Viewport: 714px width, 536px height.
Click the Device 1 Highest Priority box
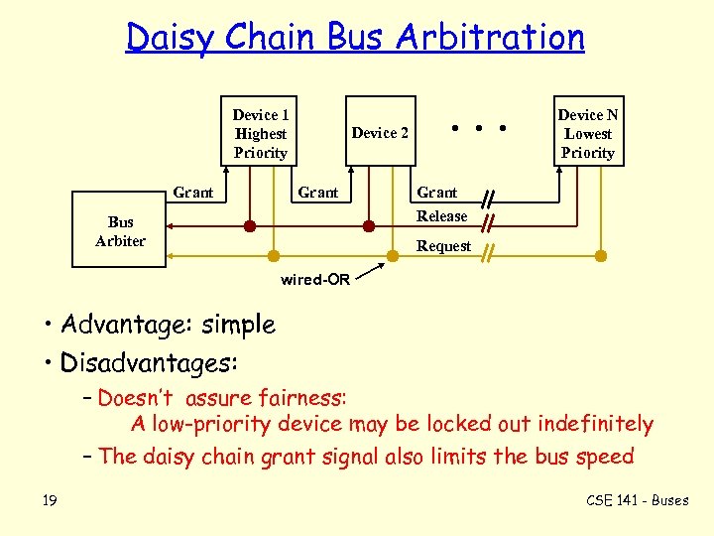(x=261, y=133)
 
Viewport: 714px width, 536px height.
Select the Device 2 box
(x=380, y=133)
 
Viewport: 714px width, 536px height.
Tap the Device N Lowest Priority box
(x=587, y=133)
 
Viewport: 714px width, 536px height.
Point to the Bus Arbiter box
(x=120, y=231)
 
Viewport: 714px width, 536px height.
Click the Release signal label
(x=441, y=216)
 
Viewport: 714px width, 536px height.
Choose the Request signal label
(x=443, y=246)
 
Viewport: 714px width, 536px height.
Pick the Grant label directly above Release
(x=436, y=193)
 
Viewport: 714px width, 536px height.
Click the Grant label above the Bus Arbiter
(x=193, y=193)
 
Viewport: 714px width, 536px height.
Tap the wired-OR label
(x=314, y=280)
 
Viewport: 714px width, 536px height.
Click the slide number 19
(x=50, y=500)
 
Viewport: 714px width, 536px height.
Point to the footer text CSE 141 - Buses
(x=637, y=500)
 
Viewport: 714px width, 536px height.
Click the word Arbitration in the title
(x=490, y=38)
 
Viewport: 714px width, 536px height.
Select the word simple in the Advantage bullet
(x=237, y=325)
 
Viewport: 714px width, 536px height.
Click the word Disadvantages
(x=149, y=362)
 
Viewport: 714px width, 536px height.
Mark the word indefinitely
(x=595, y=424)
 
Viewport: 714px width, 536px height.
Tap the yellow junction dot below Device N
(x=601, y=255)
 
